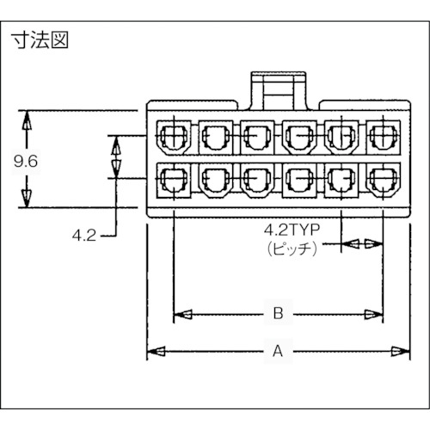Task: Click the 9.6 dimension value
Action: (26, 159)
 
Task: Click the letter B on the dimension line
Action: (278, 315)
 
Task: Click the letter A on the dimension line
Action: (277, 353)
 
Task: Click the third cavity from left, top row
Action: (255, 135)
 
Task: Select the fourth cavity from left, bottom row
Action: (298, 180)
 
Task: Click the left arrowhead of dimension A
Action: (155, 352)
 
